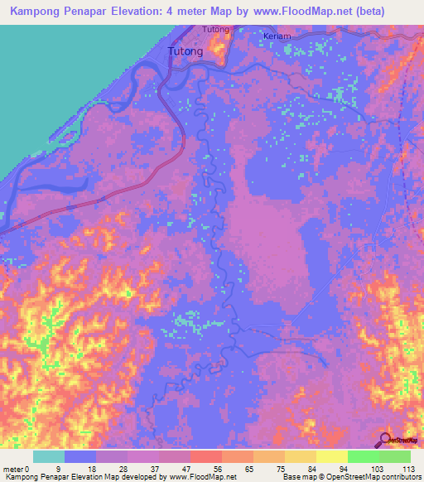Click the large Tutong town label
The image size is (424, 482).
tap(185, 51)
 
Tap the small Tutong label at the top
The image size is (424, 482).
tap(215, 30)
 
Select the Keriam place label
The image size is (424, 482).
tap(277, 37)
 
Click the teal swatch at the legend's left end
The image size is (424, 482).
tap(49, 456)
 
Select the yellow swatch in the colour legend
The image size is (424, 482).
tap(331, 456)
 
